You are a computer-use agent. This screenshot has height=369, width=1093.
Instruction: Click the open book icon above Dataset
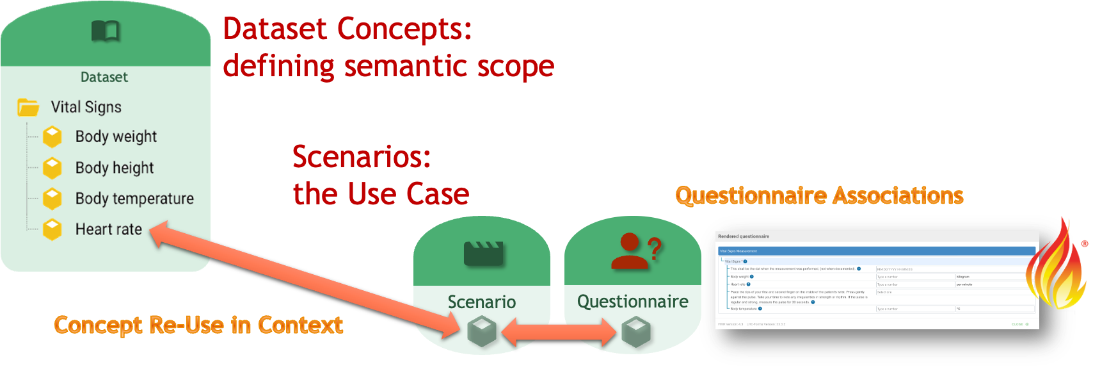tap(106, 30)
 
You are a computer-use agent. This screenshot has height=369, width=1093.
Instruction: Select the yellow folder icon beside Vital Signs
tap(28, 107)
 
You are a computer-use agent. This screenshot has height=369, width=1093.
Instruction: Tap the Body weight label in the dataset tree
tap(116, 136)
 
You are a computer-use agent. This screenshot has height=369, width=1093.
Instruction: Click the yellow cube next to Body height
tap(52, 168)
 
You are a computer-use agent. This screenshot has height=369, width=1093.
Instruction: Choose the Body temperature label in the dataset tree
tap(134, 199)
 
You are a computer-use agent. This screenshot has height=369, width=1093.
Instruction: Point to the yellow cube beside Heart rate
tap(52, 229)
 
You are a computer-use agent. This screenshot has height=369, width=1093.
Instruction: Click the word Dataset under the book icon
tap(104, 78)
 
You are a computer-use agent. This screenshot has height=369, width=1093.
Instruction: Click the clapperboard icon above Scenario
tap(483, 253)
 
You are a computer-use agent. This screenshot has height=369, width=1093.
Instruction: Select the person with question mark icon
tap(634, 251)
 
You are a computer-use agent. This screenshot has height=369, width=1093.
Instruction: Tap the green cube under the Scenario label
tap(482, 331)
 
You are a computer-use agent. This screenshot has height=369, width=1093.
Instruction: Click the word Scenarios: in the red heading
tap(362, 156)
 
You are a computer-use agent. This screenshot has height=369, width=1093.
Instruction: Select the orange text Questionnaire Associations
tap(819, 195)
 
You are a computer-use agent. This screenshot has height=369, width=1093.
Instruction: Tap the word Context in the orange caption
tap(300, 325)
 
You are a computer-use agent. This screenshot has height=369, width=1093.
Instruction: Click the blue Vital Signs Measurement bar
tap(876, 251)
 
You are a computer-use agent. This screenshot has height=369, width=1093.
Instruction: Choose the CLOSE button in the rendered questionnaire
tap(1018, 324)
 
